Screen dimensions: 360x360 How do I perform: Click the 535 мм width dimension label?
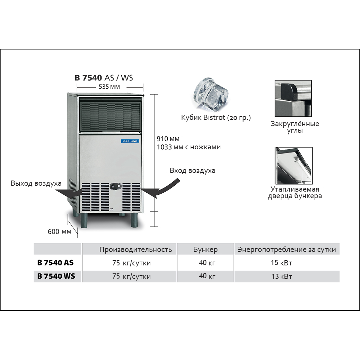[109, 87]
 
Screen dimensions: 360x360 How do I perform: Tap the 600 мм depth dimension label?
[60, 231]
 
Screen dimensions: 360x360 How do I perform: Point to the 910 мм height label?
[168, 139]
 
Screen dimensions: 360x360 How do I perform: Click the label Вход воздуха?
[192, 170]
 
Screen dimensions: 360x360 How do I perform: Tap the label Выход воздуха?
[36, 183]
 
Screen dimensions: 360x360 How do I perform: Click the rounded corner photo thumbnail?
[293, 98]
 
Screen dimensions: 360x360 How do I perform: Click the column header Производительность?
[135, 249]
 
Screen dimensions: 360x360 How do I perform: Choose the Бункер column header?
[205, 249]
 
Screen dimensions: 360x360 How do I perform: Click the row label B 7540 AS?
[55, 263]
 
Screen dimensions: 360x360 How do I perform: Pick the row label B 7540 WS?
[56, 276]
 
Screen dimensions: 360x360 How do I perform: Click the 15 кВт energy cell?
[281, 263]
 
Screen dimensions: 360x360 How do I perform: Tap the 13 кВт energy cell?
[281, 276]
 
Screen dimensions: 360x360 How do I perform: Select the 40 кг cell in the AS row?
[207, 263]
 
